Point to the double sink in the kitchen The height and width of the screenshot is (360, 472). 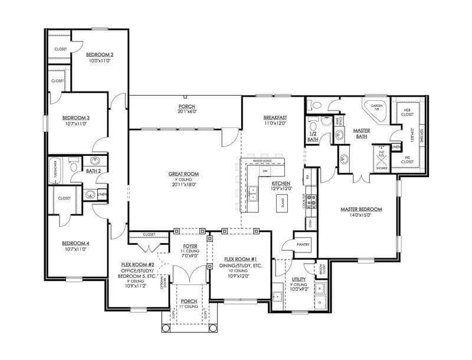pyautogui.click(x=253, y=191)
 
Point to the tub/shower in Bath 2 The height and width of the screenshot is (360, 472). pyautogui.click(x=58, y=169)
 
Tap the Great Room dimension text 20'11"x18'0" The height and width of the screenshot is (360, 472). pyautogui.click(x=183, y=184)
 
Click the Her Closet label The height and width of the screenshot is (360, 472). pyautogui.click(x=407, y=110)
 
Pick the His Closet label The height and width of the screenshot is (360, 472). pyautogui.click(x=407, y=159)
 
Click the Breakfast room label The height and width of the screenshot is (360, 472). pyautogui.click(x=275, y=117)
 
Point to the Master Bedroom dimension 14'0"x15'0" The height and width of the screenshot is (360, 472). pyautogui.click(x=361, y=215)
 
